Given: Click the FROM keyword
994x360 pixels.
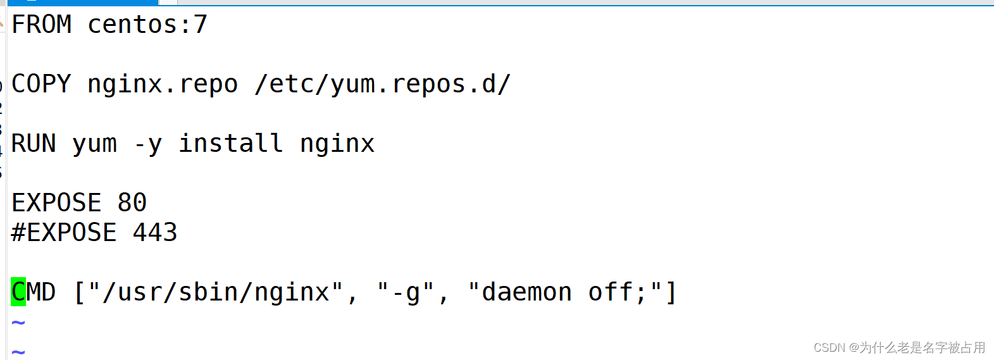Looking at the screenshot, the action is coord(41,25).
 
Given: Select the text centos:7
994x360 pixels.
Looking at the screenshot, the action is coord(147,25).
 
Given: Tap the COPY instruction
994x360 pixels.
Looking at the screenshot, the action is coord(41,84).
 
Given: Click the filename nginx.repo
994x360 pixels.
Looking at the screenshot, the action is coord(162,84).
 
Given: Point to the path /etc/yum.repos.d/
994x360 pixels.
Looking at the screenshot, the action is coord(382,84).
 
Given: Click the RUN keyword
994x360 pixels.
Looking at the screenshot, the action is coord(34,144).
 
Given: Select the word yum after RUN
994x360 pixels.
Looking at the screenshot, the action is coord(94,144).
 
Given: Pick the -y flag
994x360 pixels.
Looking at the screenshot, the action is coord(147,144).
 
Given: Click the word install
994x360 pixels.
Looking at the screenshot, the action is coord(230,144).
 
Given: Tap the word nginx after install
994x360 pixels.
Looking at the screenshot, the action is coord(337,144).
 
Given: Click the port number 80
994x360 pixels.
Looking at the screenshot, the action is coord(132,203).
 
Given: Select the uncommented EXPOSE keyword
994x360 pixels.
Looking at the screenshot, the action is coord(56,203).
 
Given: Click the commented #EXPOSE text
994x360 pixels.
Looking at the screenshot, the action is coord(64,233).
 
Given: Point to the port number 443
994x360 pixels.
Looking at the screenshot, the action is coord(154,233).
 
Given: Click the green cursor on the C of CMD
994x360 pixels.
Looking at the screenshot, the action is coord(18,292).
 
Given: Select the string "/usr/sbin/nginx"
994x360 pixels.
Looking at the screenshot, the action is coord(215,292).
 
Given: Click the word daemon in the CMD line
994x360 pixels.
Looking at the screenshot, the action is coord(526,292).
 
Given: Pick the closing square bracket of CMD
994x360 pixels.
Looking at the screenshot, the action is coord(671,292).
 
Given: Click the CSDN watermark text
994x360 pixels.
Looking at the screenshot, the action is coord(899,347).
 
